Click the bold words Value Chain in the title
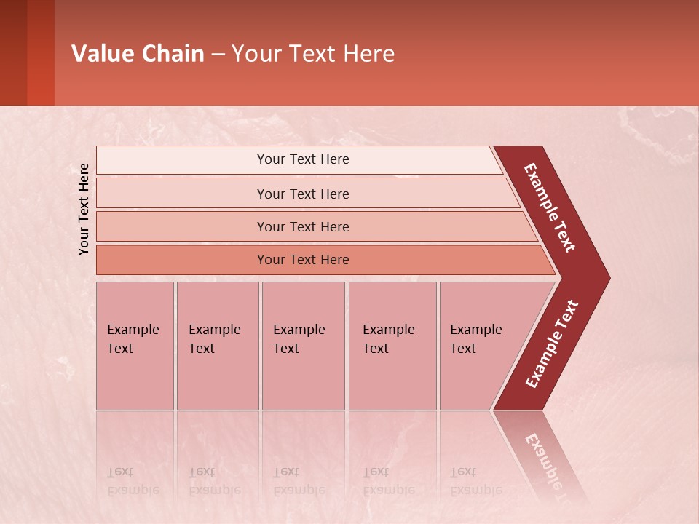[138, 54]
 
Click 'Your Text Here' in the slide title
[313, 54]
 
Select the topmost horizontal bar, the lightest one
[302, 159]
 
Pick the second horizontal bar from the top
[302, 194]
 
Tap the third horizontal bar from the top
[302, 226]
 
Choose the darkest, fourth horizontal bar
[302, 260]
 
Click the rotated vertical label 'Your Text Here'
[84, 210]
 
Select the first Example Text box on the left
[135, 345]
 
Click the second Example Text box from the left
[217, 345]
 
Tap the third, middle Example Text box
[302, 345]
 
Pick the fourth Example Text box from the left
[392, 345]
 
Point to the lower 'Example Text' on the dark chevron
[552, 344]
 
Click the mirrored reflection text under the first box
[133, 481]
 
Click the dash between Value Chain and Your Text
[218, 55]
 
